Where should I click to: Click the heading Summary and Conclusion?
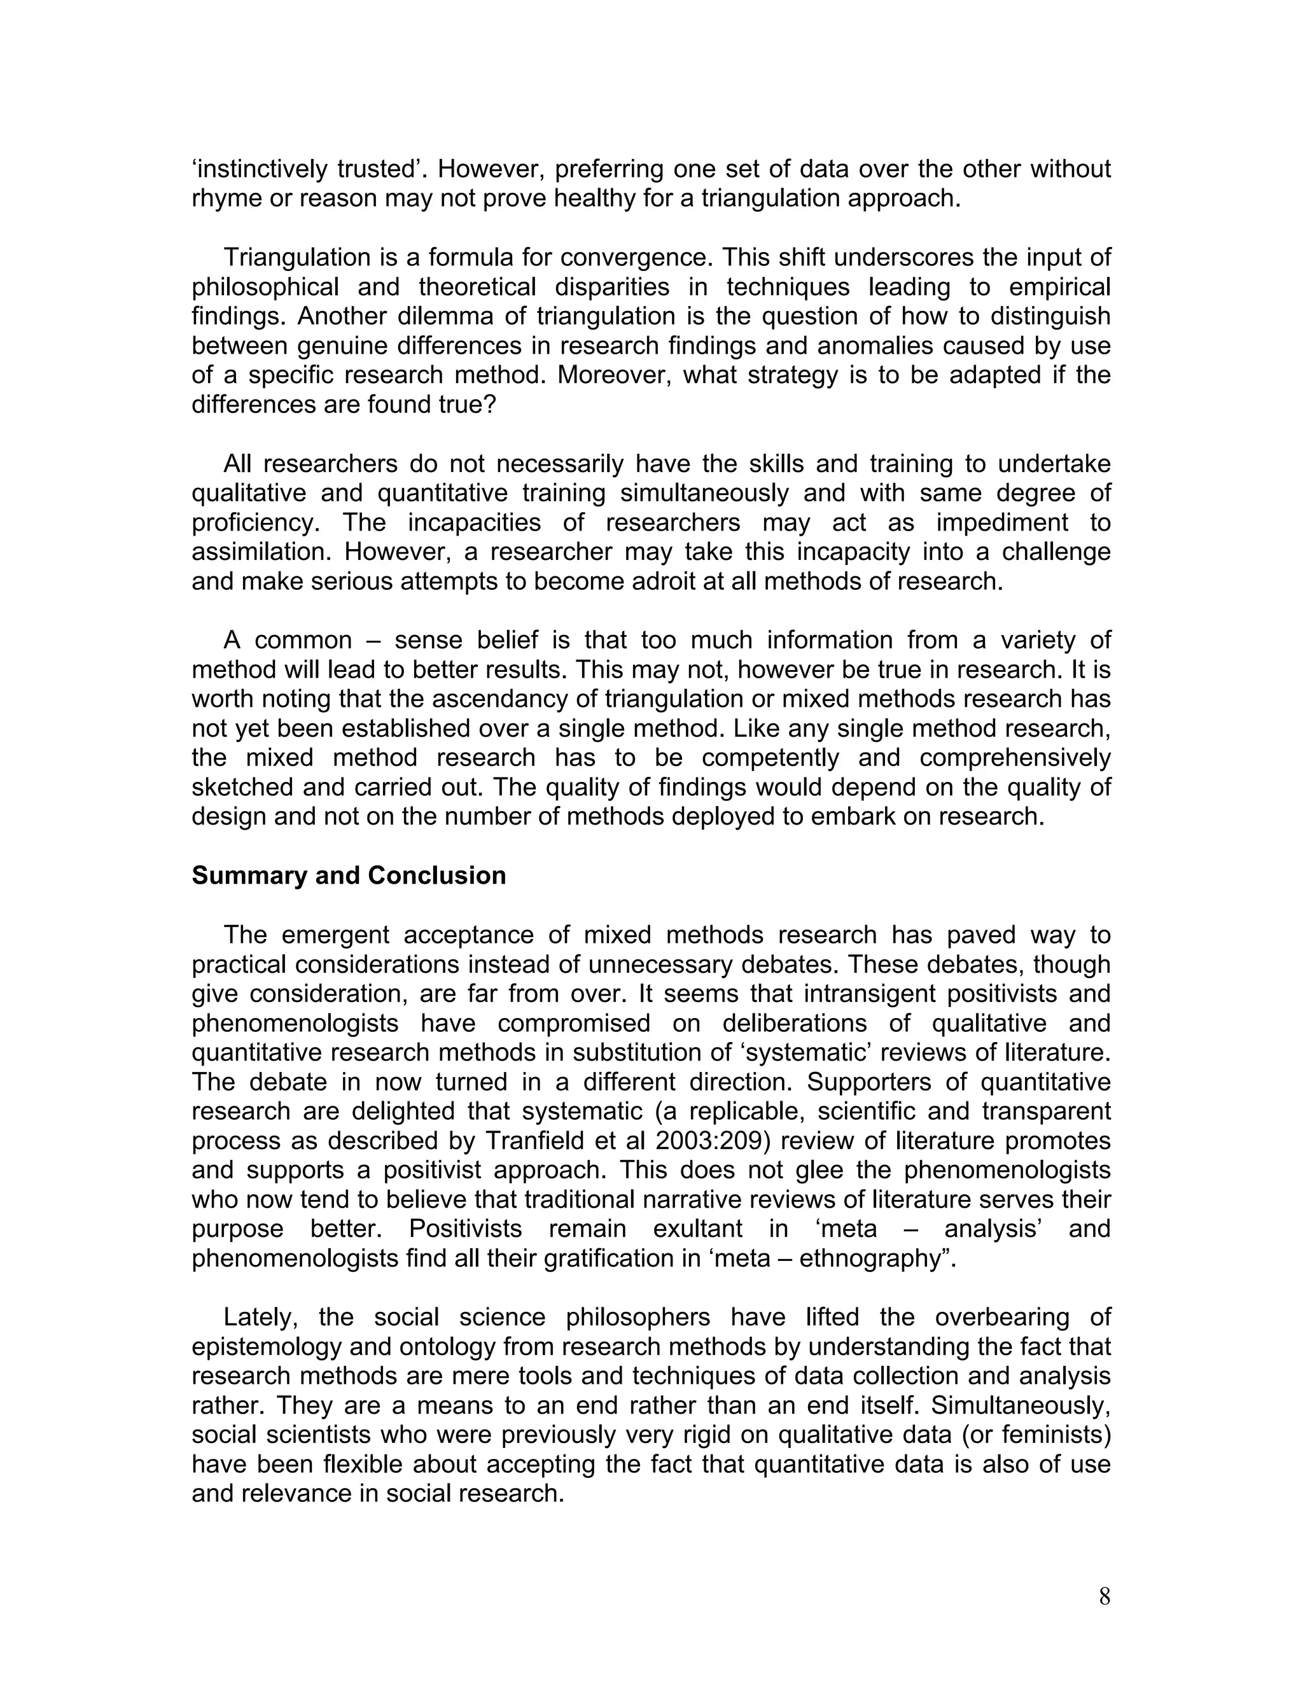pos(349,875)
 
